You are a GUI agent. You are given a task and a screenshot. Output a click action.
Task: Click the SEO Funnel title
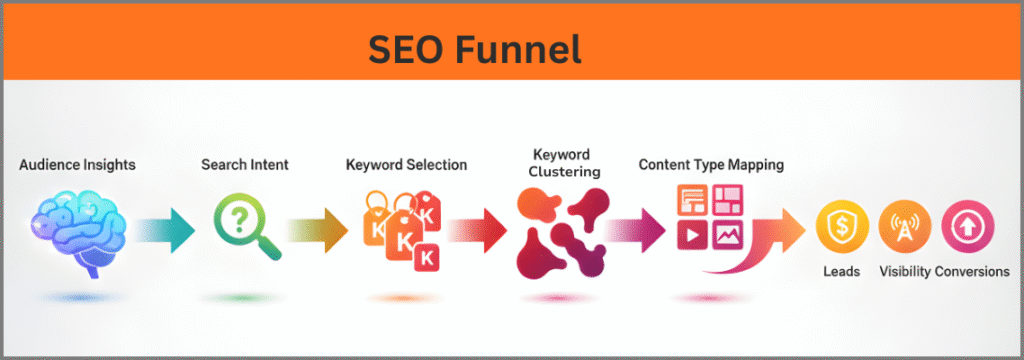pyautogui.click(x=474, y=46)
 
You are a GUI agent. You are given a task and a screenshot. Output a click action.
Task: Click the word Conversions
pyautogui.click(x=972, y=271)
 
